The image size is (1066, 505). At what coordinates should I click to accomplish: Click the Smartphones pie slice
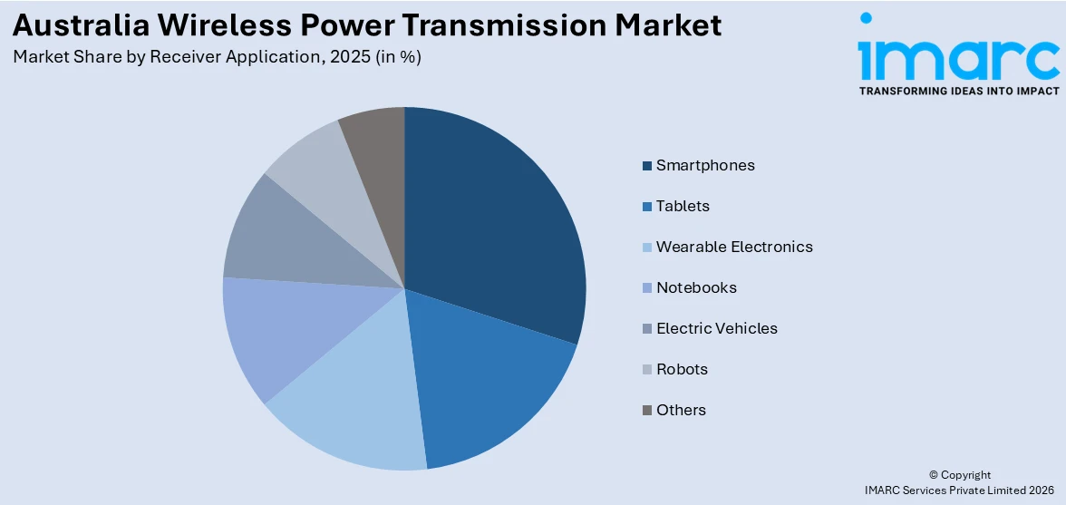pos(494,227)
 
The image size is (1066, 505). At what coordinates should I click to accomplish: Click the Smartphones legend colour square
pos(647,166)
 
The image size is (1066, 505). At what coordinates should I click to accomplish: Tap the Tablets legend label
pos(683,206)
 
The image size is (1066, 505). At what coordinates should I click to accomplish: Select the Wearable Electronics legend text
pos(734,247)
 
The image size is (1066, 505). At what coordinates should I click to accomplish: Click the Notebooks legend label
pos(696,287)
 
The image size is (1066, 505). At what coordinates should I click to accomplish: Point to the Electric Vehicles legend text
pos(717,328)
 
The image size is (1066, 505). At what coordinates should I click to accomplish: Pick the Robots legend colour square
pos(647,370)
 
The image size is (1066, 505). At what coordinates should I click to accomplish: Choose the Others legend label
pos(681,410)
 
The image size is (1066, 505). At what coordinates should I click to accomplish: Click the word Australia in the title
pos(73,24)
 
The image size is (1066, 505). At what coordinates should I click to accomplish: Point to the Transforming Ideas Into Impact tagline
pos(958,91)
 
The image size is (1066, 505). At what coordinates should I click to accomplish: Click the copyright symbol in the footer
pos(935,475)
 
